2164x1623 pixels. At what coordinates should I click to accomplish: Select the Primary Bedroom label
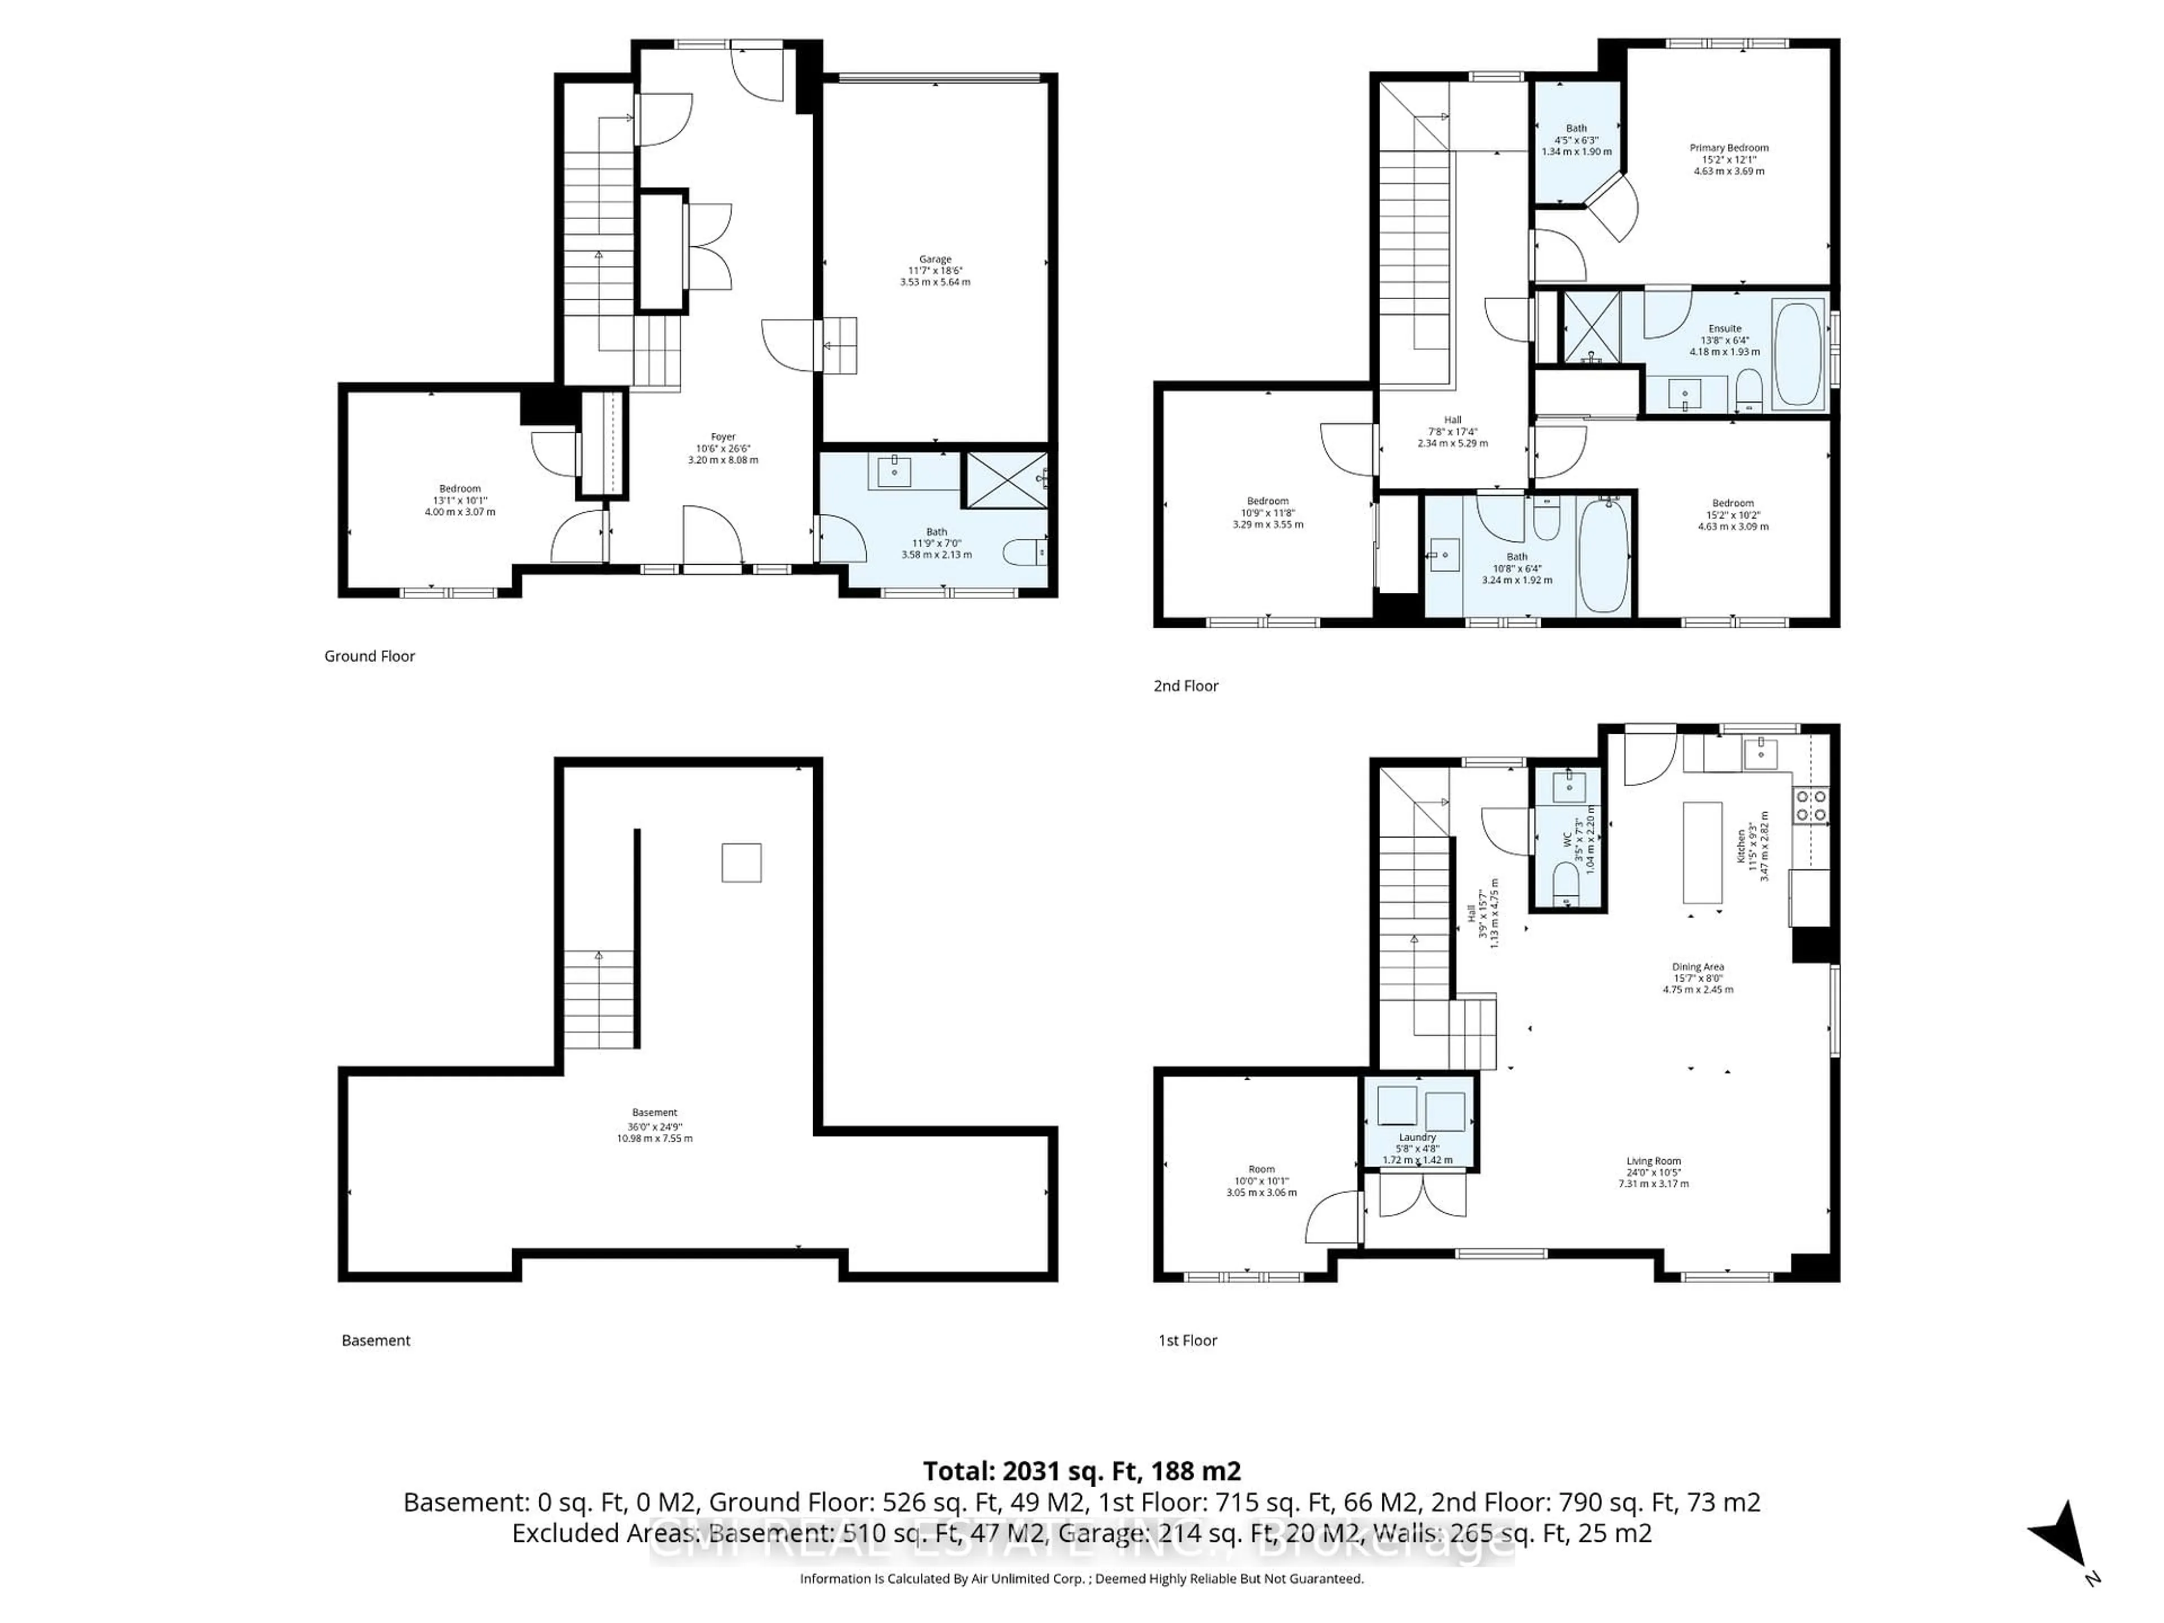(1728, 148)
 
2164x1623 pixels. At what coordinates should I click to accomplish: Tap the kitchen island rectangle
(1702, 853)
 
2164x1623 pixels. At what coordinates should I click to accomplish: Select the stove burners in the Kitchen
(1811, 805)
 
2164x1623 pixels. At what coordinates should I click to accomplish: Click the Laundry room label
(1417, 1137)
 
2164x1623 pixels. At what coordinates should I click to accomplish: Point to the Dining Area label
(1697, 966)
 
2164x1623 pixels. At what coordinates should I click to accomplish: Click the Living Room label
(1653, 1161)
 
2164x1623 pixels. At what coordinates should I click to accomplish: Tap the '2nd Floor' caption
(1186, 686)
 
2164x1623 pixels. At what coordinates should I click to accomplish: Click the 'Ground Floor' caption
(370, 657)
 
